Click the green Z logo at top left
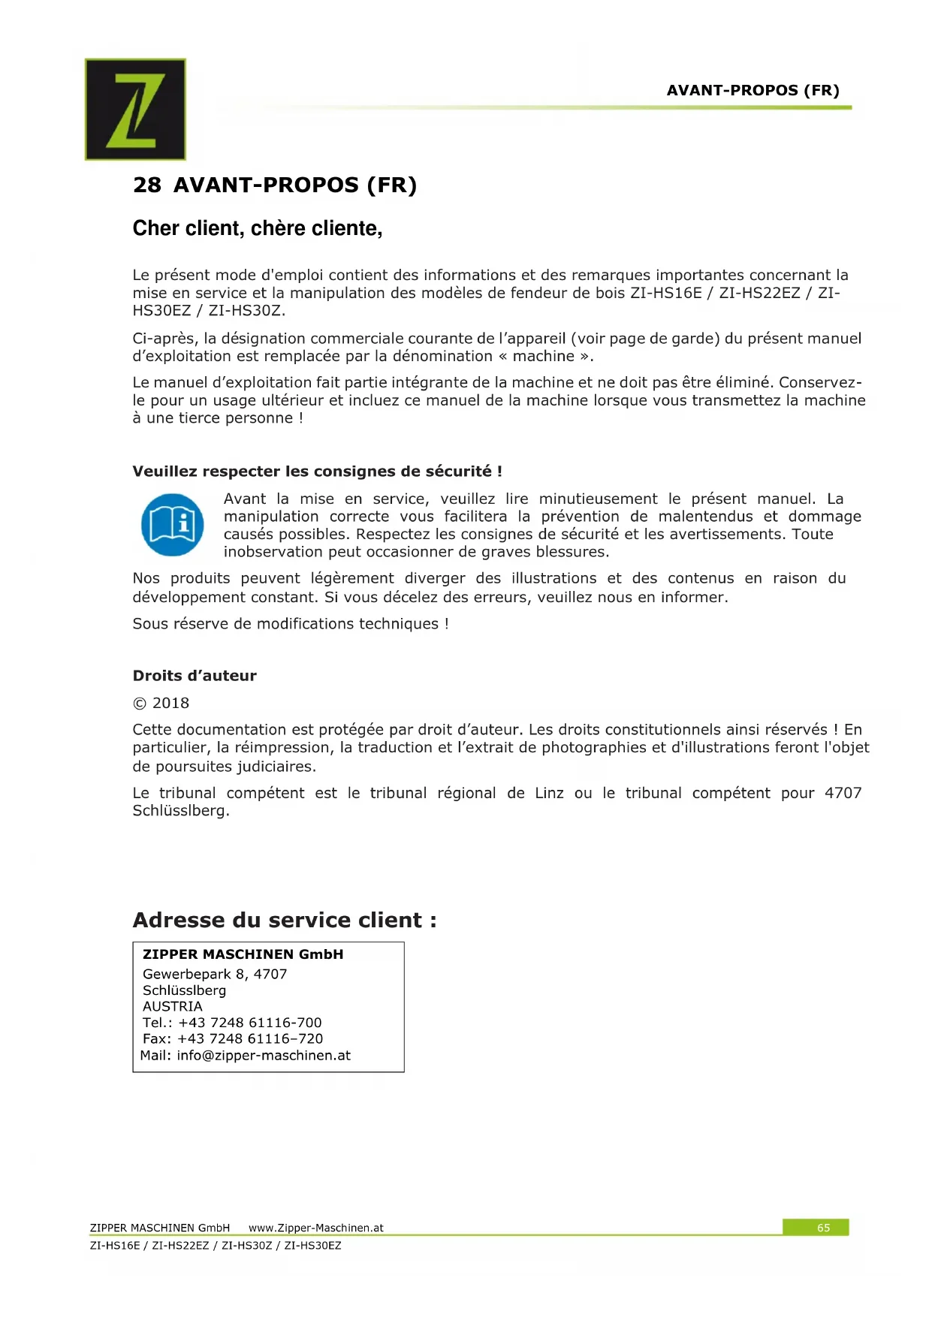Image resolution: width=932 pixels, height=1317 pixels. tap(135, 110)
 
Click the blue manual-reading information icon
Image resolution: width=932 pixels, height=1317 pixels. tap(172, 524)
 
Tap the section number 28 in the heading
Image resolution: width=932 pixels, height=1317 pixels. tap(146, 185)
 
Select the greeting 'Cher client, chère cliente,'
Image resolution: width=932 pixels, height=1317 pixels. tap(258, 228)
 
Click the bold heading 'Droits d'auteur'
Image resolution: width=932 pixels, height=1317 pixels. tap(195, 676)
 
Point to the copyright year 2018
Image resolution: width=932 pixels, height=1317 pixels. tap(170, 704)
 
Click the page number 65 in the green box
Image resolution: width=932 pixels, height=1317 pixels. tap(823, 1228)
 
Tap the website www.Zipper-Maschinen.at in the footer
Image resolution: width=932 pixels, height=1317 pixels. tap(315, 1228)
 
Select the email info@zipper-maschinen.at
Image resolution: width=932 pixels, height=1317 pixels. tap(264, 1055)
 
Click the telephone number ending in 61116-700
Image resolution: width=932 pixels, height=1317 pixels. tap(249, 1023)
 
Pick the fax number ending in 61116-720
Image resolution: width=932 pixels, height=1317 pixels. tap(249, 1038)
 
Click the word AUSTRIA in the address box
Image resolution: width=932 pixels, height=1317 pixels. tap(173, 1006)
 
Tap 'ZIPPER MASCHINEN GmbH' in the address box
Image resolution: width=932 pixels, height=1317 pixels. tap(243, 954)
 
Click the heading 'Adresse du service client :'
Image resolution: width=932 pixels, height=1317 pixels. tap(285, 920)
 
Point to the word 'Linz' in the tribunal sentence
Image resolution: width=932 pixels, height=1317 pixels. tap(549, 793)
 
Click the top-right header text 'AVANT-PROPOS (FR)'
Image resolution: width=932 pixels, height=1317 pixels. tap(753, 91)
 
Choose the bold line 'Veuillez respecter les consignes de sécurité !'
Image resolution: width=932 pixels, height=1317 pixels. tap(317, 472)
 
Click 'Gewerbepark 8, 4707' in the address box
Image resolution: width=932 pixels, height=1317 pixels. tap(215, 974)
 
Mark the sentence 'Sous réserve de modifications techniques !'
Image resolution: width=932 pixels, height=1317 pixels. tap(291, 624)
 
